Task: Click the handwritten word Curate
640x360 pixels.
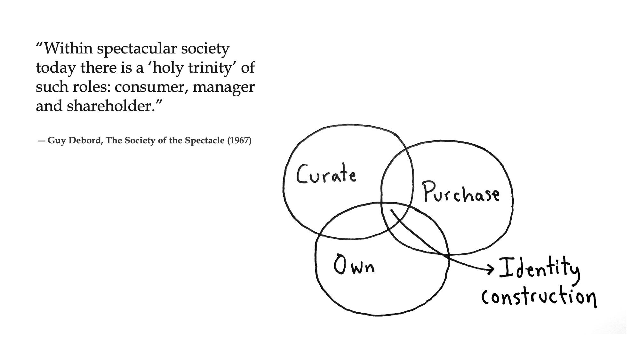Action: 326,174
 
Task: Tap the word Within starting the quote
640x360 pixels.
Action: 68,49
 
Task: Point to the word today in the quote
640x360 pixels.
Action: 56,68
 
